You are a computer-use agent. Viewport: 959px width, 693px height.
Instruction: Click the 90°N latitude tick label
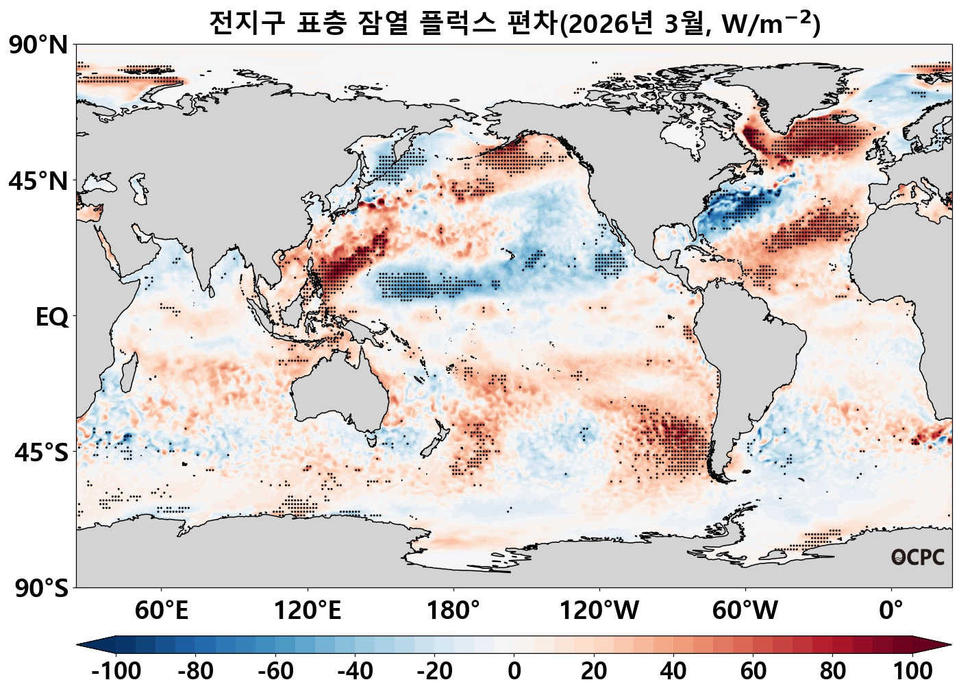click(38, 46)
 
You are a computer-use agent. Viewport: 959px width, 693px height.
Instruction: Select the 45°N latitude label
click(38, 182)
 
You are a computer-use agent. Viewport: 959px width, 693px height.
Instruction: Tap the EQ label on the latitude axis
click(52, 317)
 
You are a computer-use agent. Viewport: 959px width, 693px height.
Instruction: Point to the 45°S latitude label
click(41, 453)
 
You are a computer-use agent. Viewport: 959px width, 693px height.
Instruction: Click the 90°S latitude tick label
click(41, 588)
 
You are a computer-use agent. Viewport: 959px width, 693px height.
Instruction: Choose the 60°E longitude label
click(161, 610)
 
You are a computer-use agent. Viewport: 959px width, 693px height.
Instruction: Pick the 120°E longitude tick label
click(307, 610)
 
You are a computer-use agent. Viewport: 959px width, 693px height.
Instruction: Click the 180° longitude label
click(453, 610)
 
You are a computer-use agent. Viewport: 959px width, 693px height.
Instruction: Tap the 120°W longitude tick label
click(599, 610)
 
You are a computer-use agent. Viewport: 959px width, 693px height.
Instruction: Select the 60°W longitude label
click(745, 610)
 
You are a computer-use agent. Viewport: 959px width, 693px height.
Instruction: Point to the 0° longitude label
click(891, 610)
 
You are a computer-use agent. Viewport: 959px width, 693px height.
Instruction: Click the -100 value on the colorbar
click(116, 671)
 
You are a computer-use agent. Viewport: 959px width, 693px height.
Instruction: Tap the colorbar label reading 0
click(514, 671)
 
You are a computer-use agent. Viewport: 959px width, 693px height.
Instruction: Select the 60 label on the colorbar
click(753, 671)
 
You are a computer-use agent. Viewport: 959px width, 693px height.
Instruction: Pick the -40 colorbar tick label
click(355, 671)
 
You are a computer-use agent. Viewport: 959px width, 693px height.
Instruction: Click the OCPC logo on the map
click(918, 557)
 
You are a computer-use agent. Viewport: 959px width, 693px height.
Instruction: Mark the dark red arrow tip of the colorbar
click(944, 644)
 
